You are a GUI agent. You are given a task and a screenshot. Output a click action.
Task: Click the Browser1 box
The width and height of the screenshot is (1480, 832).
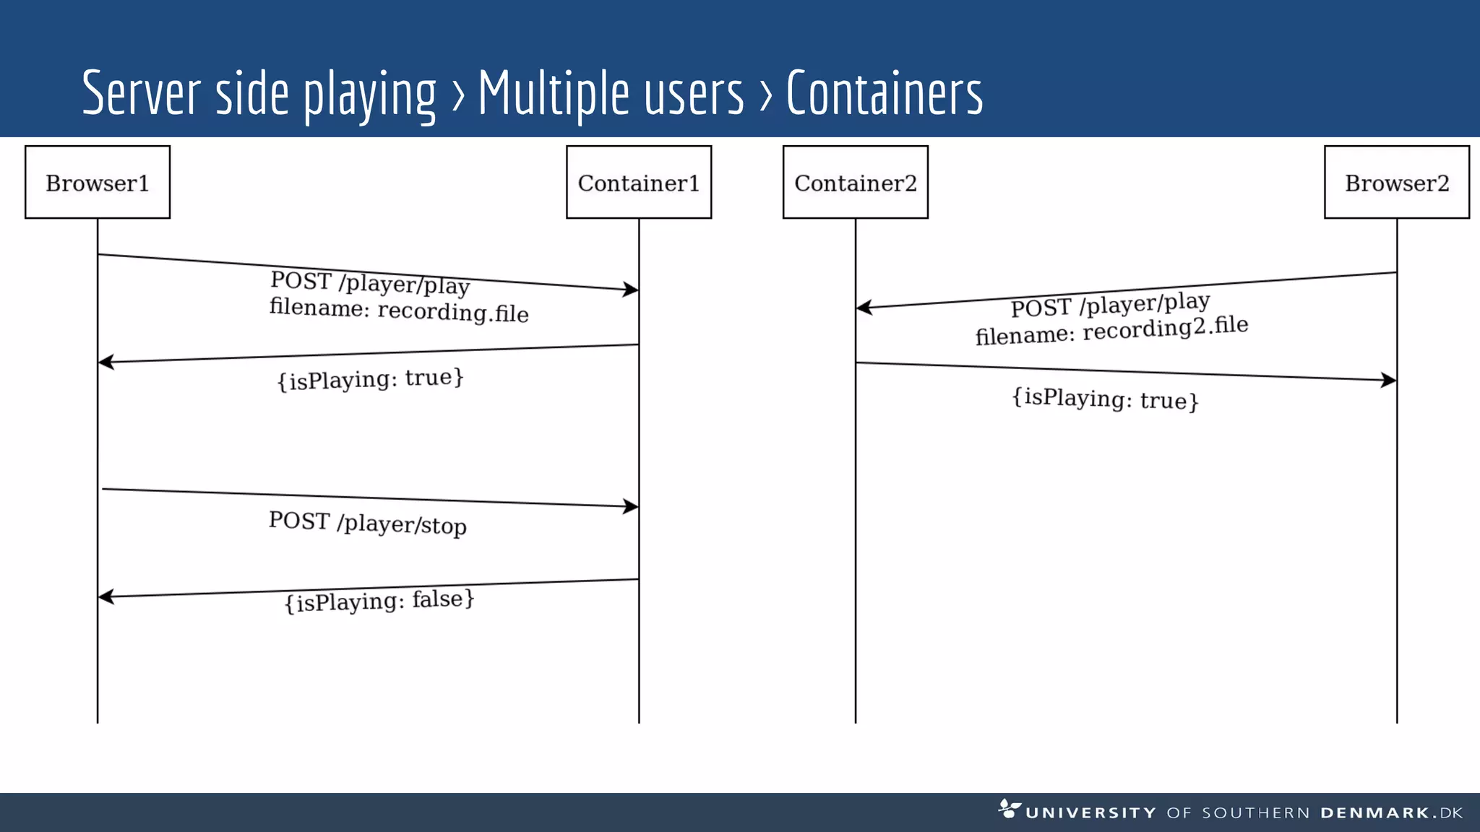(x=98, y=182)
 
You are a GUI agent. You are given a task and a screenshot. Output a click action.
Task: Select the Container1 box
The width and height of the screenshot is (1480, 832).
(x=639, y=182)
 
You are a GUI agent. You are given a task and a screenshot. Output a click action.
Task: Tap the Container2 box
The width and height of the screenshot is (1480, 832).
(x=855, y=182)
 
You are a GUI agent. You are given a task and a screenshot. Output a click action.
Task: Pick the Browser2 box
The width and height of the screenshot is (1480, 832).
(x=1396, y=182)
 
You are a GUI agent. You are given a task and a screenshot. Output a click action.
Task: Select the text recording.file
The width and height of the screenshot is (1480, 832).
(x=453, y=312)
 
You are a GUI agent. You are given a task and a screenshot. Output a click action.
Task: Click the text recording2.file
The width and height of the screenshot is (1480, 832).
(x=1165, y=328)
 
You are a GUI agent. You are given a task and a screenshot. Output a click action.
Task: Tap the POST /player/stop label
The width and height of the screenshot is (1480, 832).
(x=367, y=523)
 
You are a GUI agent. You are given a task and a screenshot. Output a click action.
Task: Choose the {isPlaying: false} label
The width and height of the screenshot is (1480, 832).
(x=379, y=600)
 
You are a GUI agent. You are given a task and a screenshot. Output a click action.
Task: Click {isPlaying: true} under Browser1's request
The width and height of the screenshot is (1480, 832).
(x=370, y=378)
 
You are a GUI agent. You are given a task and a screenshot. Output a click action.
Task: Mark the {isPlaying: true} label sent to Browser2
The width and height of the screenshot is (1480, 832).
(x=1105, y=398)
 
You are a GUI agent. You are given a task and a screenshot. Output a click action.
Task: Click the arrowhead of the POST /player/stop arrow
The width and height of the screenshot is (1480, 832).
(x=632, y=506)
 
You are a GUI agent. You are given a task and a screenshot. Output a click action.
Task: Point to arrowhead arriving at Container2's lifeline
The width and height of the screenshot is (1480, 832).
(x=864, y=308)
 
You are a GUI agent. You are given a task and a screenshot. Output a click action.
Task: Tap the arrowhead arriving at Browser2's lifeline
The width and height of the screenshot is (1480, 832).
(x=1388, y=380)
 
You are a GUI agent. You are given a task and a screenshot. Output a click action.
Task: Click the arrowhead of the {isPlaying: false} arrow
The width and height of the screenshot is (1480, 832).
(x=106, y=597)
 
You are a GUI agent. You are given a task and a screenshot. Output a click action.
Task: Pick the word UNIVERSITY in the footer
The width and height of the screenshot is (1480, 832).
(x=1090, y=812)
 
